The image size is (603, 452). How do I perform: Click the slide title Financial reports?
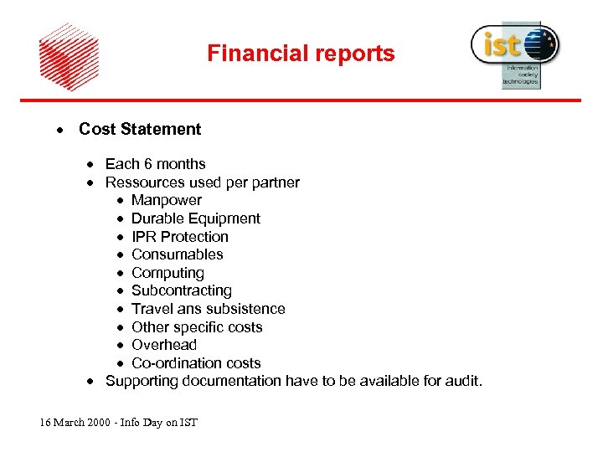(301, 54)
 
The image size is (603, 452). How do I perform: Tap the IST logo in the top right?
(514, 52)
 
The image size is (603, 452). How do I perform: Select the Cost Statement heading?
(140, 129)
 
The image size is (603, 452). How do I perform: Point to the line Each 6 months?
(155, 164)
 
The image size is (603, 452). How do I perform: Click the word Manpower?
(166, 200)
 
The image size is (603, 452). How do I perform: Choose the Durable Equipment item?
(195, 218)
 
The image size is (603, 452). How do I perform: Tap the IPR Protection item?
(179, 237)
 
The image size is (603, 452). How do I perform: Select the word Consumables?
(177, 254)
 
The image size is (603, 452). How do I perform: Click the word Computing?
(167, 273)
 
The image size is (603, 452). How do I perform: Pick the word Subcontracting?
(181, 290)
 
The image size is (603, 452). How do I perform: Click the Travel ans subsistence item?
(208, 309)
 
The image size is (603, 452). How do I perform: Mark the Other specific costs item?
(197, 327)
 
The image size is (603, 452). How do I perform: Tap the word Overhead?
(163, 345)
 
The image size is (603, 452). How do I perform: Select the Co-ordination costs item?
(196, 363)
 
